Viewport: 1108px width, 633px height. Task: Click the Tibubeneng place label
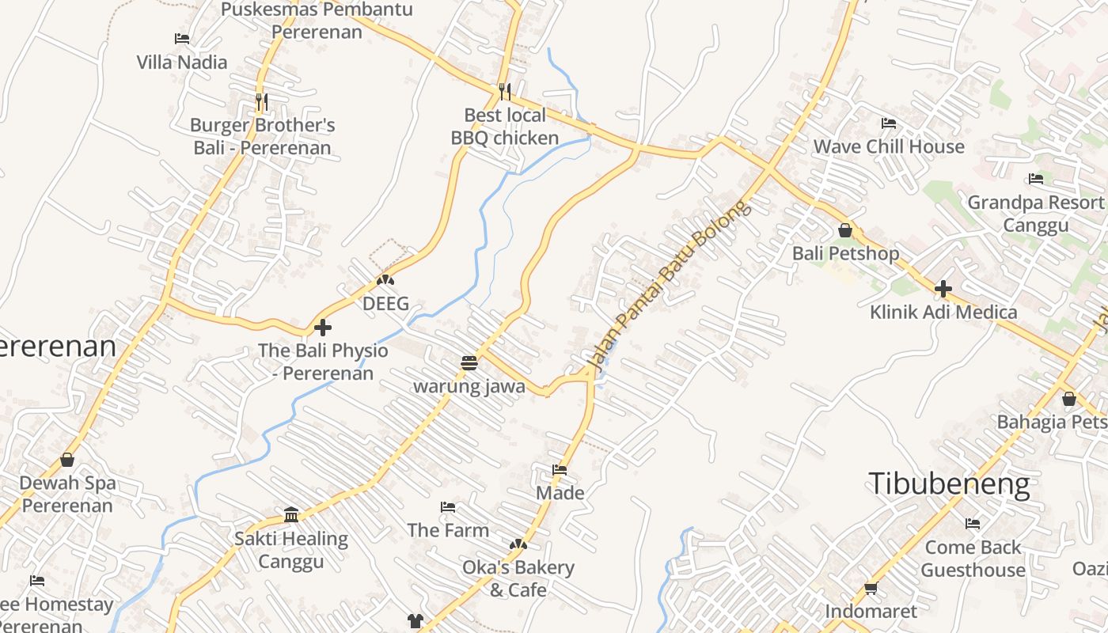point(950,483)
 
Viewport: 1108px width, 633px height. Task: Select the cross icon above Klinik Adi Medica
point(943,289)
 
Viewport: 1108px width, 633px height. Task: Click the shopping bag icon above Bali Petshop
point(845,230)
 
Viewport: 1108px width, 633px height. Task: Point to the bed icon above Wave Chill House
point(889,123)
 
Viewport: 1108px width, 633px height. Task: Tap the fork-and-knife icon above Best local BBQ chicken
point(505,92)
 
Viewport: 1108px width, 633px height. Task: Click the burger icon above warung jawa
point(469,363)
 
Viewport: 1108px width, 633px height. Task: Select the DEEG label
point(385,303)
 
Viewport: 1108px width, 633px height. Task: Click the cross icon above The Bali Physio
point(323,327)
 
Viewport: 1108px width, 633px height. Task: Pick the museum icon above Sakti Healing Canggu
point(291,515)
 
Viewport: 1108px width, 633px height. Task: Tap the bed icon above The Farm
point(448,506)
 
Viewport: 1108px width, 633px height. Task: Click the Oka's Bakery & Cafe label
point(518,578)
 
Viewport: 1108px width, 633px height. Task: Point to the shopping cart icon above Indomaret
point(871,588)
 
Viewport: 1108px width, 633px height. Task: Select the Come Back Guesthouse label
point(973,559)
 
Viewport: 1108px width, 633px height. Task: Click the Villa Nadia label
point(182,62)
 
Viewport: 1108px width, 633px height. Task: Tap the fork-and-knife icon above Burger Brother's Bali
point(262,102)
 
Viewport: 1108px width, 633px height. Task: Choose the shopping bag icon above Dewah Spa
point(67,460)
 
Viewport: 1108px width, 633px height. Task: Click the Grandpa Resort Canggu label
point(1035,214)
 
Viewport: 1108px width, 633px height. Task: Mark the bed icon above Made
point(560,470)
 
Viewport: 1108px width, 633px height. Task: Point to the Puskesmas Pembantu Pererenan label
point(317,21)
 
